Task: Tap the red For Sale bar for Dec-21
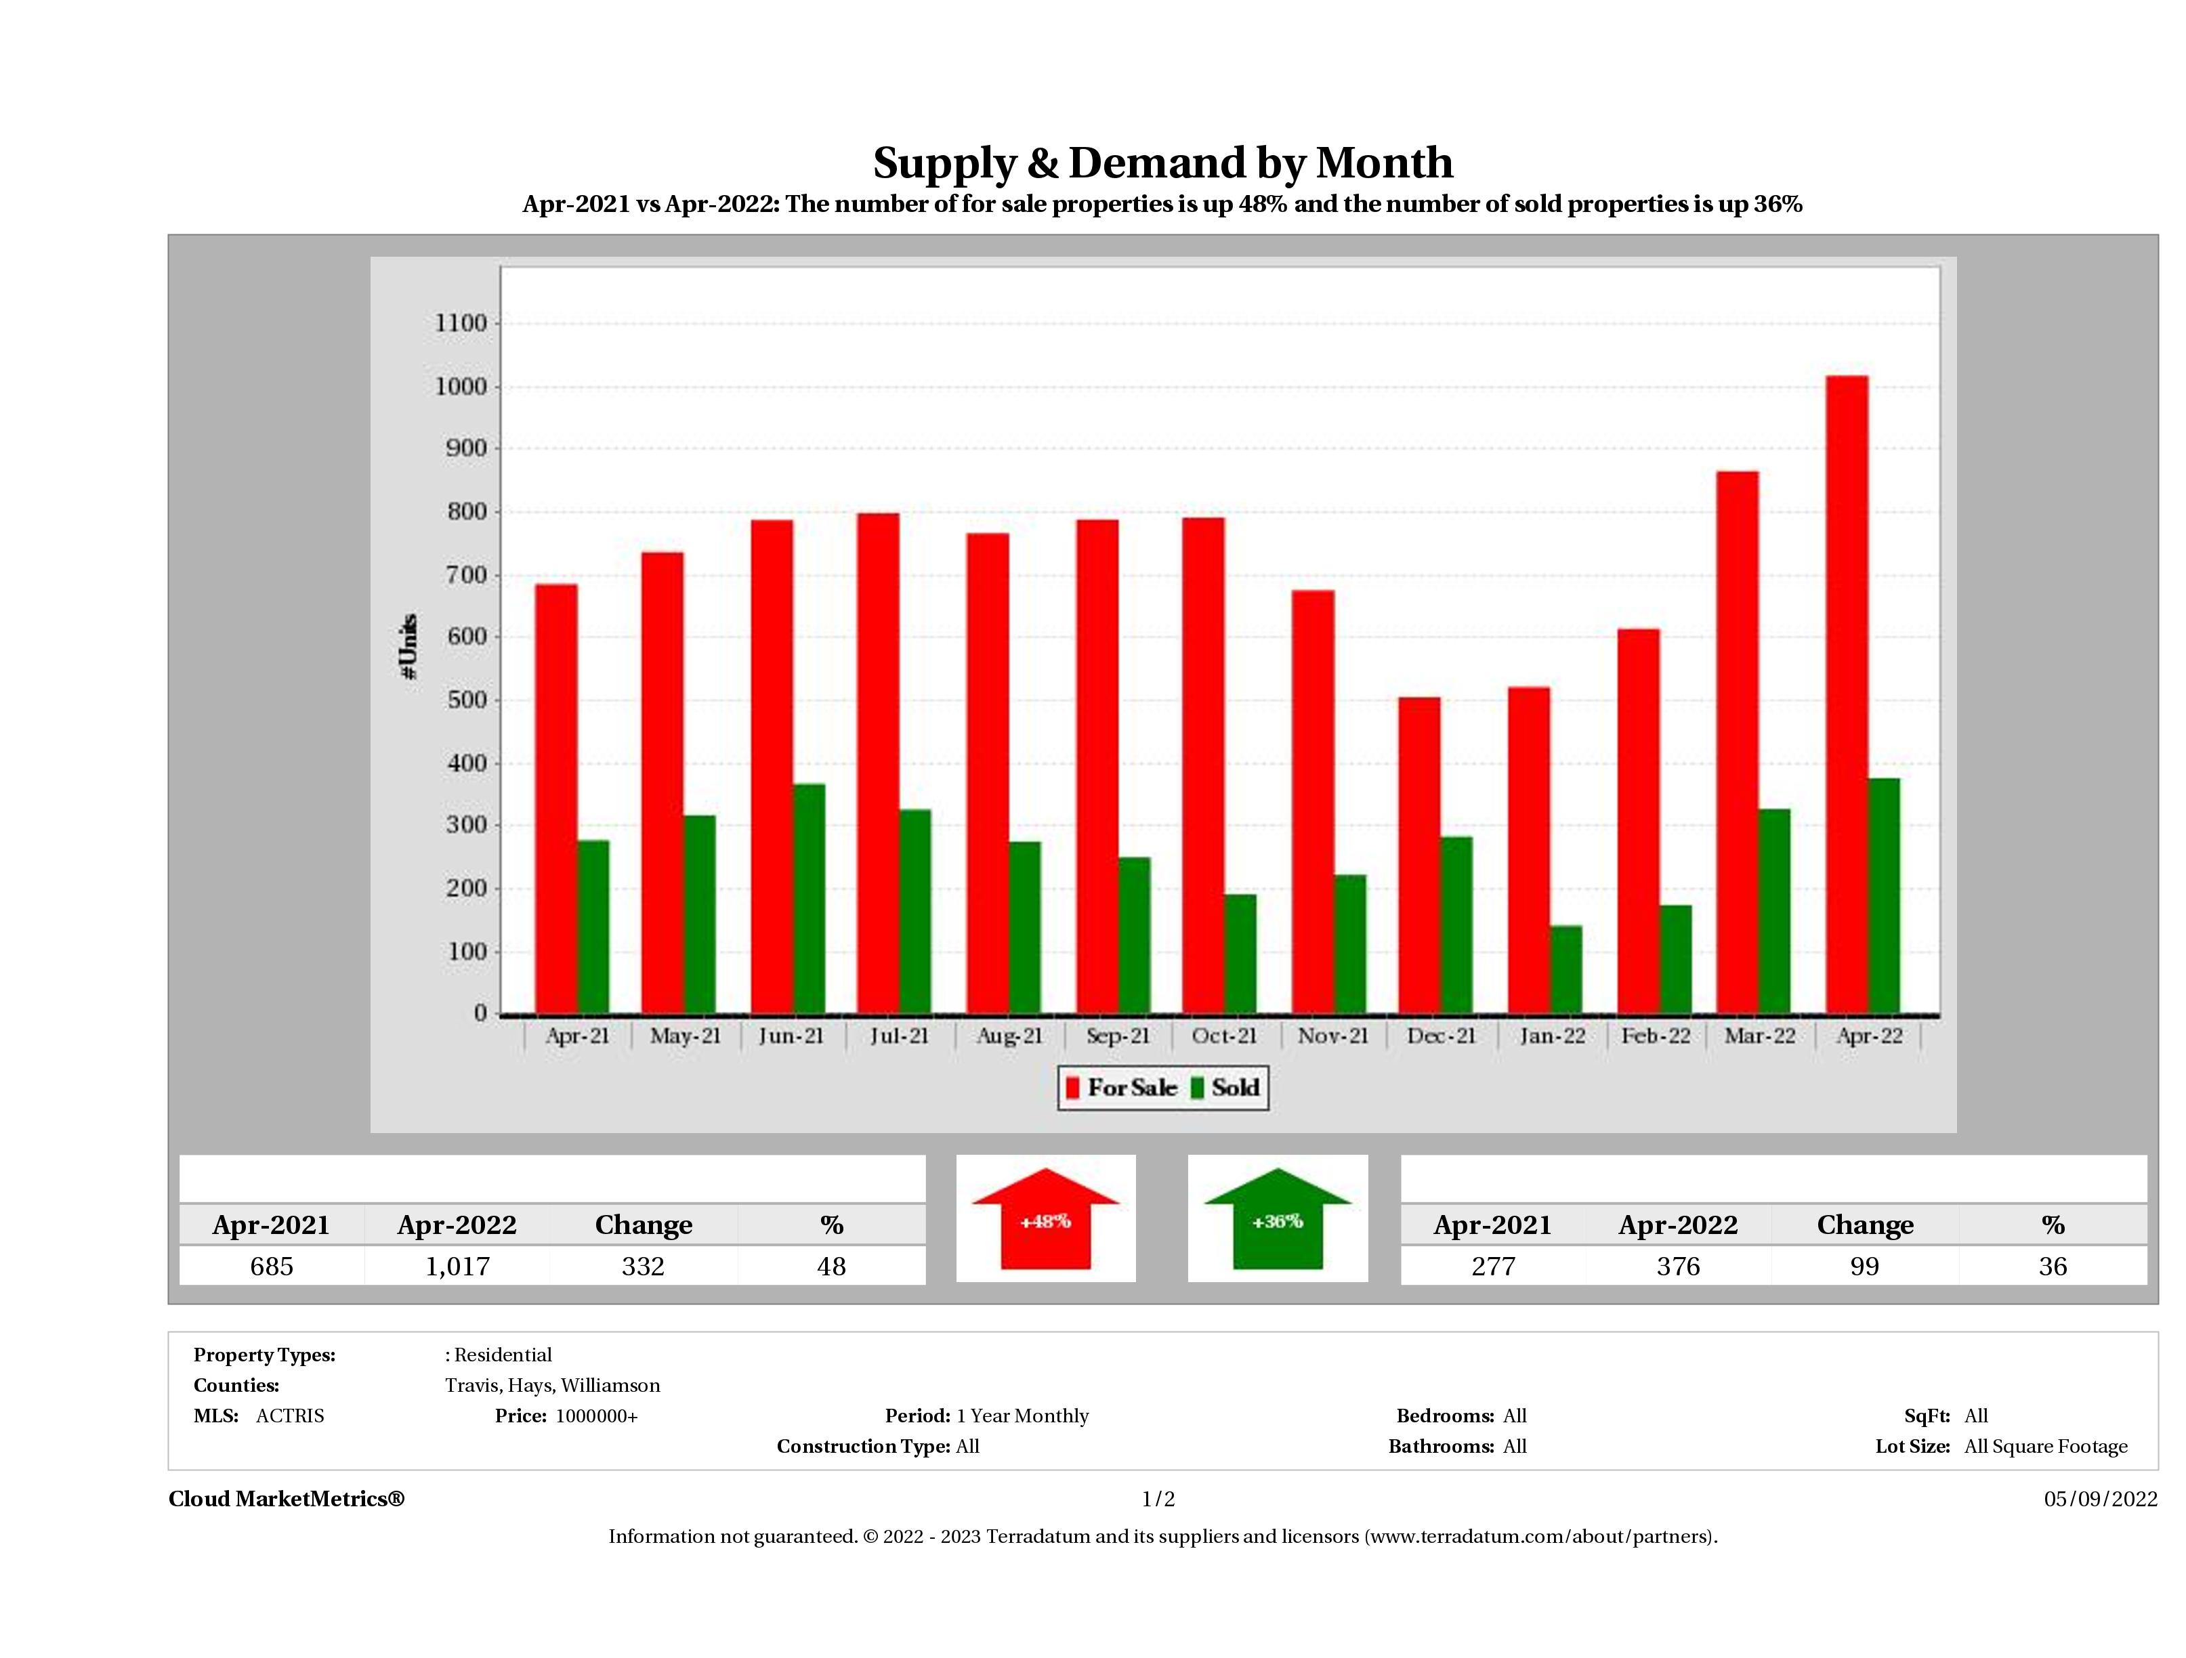(x=1419, y=855)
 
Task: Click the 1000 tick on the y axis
(x=461, y=386)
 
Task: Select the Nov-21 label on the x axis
(x=1332, y=1036)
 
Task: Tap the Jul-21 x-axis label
(x=900, y=1036)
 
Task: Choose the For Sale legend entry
(x=1120, y=1088)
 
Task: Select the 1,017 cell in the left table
(x=457, y=1266)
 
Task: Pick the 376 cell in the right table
(x=1678, y=1266)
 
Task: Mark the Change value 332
(x=644, y=1266)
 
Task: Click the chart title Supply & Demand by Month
(x=1162, y=162)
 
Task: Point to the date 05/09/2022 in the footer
(x=2100, y=1499)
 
